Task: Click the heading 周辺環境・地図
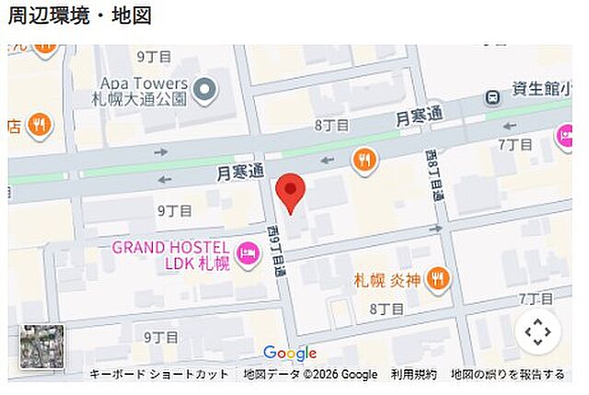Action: tap(80, 16)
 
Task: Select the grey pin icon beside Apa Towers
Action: tap(204, 89)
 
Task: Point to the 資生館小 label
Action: tap(537, 90)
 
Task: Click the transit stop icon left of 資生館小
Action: tap(494, 96)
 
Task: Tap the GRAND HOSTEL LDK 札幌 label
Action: tap(171, 254)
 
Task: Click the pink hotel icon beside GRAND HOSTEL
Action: tap(247, 254)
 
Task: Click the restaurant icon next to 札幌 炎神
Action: tap(437, 276)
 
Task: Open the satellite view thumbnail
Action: tap(42, 346)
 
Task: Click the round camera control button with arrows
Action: tap(537, 333)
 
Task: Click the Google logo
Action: tap(289, 354)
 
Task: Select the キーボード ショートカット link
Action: tap(159, 374)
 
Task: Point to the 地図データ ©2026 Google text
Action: tap(310, 374)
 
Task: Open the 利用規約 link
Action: tap(413, 374)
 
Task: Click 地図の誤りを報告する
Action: tap(507, 374)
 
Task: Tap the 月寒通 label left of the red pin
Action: tap(240, 172)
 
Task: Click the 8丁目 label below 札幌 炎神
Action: tap(387, 310)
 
